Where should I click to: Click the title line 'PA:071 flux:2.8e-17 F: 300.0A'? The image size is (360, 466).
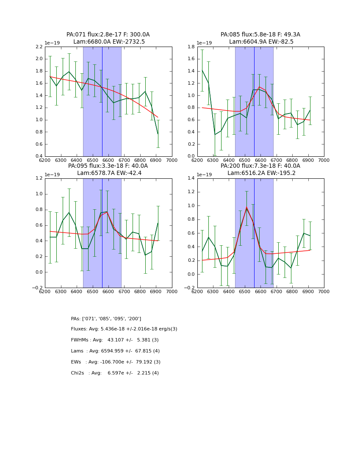(x=108, y=35)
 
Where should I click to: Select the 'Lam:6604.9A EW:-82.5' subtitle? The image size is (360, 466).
(x=261, y=42)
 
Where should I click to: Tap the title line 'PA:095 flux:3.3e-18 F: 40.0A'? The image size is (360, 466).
(x=108, y=166)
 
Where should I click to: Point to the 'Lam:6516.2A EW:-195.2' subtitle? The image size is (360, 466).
(x=261, y=173)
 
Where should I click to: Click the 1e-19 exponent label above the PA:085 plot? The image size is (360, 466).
(x=204, y=43)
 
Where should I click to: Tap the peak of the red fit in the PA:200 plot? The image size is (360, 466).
(x=246, y=207)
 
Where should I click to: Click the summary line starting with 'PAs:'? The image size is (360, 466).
(x=106, y=319)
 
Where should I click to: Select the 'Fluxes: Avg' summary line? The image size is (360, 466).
(x=124, y=329)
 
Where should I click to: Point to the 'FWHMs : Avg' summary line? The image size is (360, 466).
(x=115, y=340)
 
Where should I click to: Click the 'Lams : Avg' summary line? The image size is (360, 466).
(x=115, y=351)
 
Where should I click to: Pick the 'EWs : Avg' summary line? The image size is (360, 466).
(x=116, y=362)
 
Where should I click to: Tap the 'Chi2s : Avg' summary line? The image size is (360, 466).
(x=115, y=373)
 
